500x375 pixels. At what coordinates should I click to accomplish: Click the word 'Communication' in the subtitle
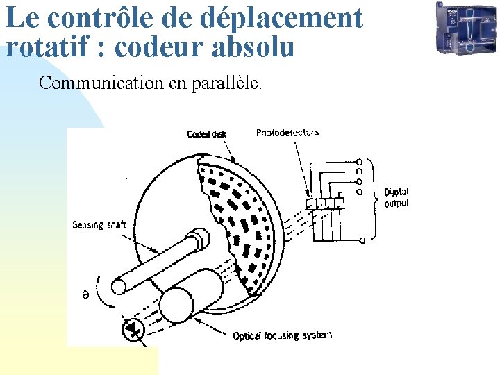pos(101,83)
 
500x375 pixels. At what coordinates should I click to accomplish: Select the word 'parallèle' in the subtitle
pos(226,83)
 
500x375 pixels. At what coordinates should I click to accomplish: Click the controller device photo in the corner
pos(465,28)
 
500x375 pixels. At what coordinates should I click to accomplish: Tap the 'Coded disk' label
pos(206,134)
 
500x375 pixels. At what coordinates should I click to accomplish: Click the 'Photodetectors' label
pos(287,133)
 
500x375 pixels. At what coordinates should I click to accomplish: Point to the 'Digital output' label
pos(397,197)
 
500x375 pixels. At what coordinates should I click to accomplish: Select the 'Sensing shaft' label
pos(99,224)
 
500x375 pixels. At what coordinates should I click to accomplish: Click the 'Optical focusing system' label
pos(282,335)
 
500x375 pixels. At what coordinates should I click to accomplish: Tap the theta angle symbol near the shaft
pos(85,295)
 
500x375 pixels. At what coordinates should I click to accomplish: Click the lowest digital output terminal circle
pos(363,240)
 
